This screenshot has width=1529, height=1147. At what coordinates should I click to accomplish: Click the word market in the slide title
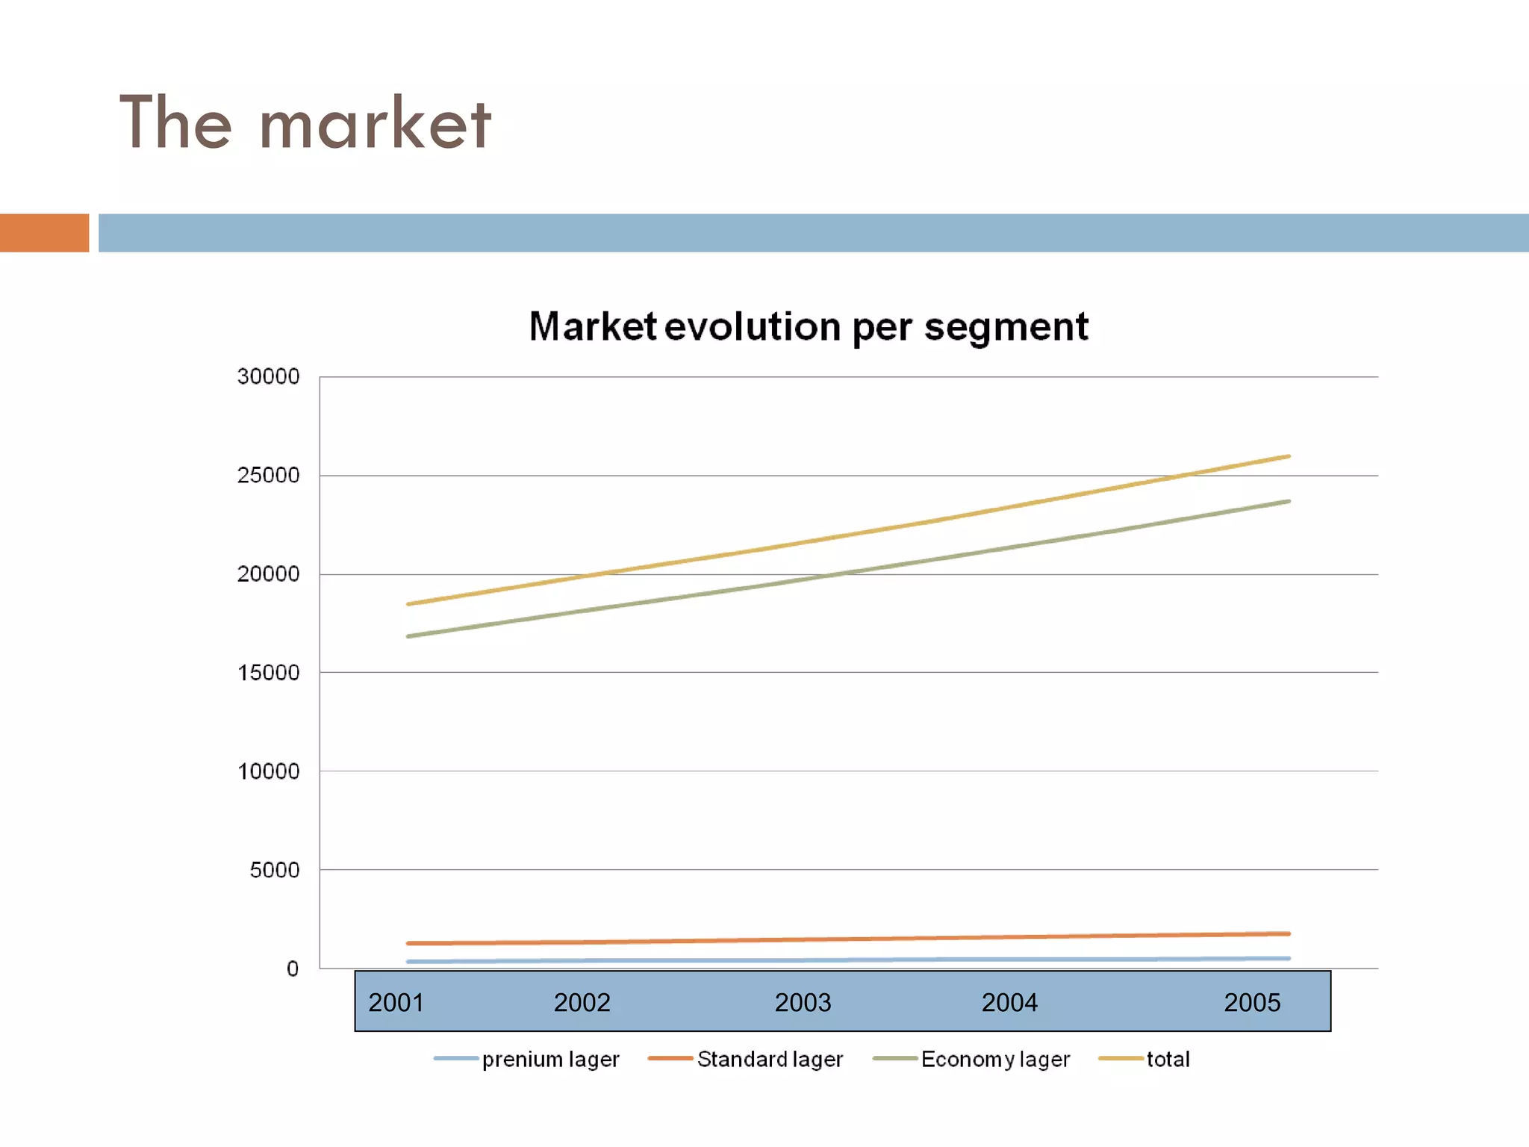[376, 124]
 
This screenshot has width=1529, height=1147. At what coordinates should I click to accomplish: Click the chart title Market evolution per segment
[809, 327]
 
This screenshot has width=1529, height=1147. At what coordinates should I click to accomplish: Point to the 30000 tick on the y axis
[268, 376]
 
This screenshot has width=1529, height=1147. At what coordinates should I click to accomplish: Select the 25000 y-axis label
[268, 475]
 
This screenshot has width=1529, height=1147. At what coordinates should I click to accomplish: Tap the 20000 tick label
[268, 574]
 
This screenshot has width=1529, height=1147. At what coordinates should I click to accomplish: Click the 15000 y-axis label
[268, 673]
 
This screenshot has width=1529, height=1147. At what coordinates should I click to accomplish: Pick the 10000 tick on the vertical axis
[268, 771]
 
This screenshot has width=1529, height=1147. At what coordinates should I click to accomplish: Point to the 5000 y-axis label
[274, 870]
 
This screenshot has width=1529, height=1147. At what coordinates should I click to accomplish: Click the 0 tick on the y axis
[292, 969]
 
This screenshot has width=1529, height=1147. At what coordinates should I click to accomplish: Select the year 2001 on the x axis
[396, 1002]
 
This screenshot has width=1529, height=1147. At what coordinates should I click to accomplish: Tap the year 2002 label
[582, 1002]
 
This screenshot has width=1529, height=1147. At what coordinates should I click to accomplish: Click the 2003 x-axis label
[803, 1002]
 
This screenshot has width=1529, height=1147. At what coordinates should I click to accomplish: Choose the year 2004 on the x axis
[1009, 1002]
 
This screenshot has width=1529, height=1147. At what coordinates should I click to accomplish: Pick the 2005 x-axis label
[1252, 1002]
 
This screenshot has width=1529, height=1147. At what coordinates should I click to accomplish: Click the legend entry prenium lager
[550, 1059]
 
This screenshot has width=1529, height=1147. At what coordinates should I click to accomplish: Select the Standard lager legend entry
[769, 1059]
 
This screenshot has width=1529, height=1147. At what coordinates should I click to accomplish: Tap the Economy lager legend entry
[994, 1059]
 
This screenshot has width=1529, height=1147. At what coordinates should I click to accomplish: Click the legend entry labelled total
[1168, 1059]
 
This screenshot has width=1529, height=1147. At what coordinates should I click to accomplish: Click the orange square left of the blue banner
[44, 233]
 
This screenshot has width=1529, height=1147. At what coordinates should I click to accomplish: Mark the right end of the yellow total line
[1288, 456]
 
